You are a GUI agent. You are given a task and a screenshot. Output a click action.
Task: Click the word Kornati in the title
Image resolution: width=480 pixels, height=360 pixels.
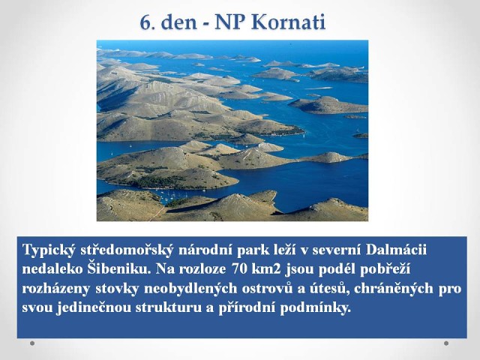pyautogui.click(x=289, y=22)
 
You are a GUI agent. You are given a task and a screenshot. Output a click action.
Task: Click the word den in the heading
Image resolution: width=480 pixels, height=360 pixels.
pyautogui.click(x=178, y=22)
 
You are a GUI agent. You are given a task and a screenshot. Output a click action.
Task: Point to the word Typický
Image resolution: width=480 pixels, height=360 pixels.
pyautogui.click(x=49, y=250)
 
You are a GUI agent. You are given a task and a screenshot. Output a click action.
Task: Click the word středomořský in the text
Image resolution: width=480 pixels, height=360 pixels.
pyautogui.click(x=127, y=250)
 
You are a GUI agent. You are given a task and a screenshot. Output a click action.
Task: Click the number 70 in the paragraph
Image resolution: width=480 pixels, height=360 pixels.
pyautogui.click(x=239, y=269)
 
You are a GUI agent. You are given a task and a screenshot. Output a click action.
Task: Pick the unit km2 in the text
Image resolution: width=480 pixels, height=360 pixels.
pyautogui.click(x=267, y=269)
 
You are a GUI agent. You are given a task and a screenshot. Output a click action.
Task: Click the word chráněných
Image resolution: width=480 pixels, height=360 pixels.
pyautogui.click(x=394, y=289)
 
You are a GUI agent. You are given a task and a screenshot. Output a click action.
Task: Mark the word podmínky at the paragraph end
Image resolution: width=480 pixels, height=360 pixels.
pyautogui.click(x=315, y=308)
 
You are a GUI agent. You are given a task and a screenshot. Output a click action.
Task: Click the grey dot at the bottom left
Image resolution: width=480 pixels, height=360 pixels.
pyautogui.click(x=32, y=343)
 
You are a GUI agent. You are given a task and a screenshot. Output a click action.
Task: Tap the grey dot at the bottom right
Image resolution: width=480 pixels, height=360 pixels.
pyautogui.click(x=446, y=343)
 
